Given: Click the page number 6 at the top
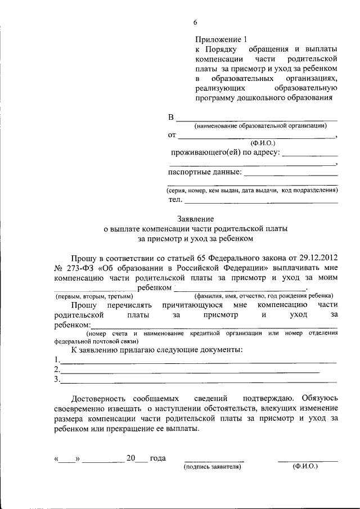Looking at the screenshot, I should point(195,22).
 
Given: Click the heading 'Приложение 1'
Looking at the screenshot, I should point(221,39).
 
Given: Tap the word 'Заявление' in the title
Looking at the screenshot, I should point(195,219).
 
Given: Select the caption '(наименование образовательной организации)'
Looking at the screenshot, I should point(260,126).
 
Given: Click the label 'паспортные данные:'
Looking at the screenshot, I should point(205,172).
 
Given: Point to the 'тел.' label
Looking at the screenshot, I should point(175,200).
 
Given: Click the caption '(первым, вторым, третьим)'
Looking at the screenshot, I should point(93,296).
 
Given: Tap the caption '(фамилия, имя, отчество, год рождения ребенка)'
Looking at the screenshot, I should point(264,296).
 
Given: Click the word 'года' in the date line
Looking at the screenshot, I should point(157,458).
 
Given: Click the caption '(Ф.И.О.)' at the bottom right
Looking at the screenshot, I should point(305,467).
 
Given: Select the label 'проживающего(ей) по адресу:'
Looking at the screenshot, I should point(224,152).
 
